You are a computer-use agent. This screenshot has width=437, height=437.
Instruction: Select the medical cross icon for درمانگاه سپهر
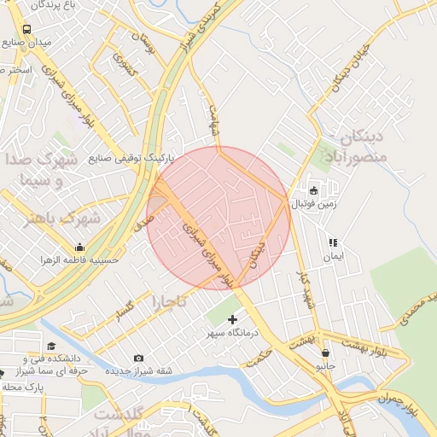[x=233, y=318]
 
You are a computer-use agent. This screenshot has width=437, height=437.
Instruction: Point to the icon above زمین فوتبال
[x=313, y=191]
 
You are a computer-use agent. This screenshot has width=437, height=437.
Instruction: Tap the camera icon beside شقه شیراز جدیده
[x=138, y=358]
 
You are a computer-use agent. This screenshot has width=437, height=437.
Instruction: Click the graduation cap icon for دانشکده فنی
[x=51, y=347]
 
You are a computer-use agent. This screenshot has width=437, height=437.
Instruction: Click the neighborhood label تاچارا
[x=169, y=302]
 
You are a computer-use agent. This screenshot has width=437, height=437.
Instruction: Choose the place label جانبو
[x=326, y=366]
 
